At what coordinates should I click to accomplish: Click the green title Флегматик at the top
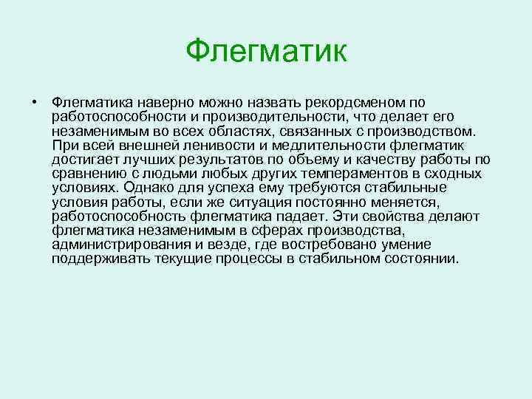[266, 51]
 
